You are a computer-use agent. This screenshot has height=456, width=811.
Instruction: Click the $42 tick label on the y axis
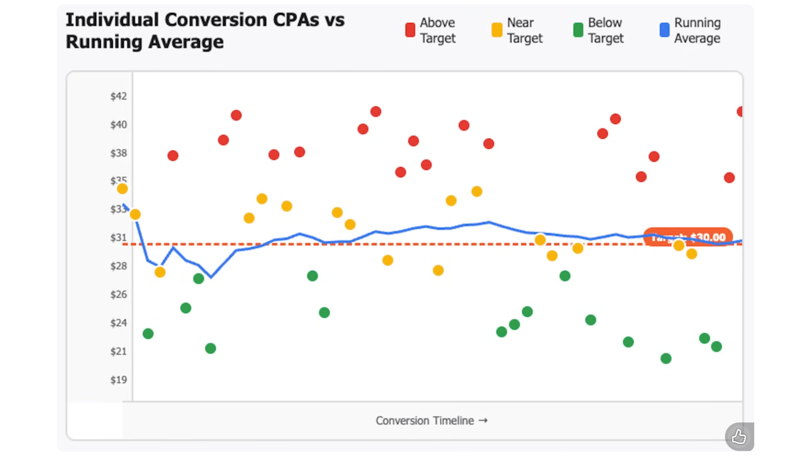pos(118,96)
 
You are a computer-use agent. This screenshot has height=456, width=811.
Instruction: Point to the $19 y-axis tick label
pos(118,380)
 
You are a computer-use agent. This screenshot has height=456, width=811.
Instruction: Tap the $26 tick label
pos(118,294)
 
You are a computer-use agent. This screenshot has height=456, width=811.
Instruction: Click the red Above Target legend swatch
pos(410,30)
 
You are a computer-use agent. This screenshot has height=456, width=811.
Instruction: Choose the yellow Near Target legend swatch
pos(497,30)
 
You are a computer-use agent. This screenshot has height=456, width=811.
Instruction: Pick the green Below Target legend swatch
pos(578,30)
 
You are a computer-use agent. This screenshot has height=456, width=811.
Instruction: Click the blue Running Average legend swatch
pos(664,30)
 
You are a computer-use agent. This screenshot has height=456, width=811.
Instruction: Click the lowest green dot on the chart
pos(666,358)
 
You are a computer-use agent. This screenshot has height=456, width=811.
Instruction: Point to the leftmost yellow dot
pos(122,189)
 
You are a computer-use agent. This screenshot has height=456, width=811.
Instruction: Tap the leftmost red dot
pos(173,155)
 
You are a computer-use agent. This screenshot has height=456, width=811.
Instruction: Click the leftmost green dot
pos(148,334)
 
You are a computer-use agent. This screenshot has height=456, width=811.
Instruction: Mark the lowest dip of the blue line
pos(211,277)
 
